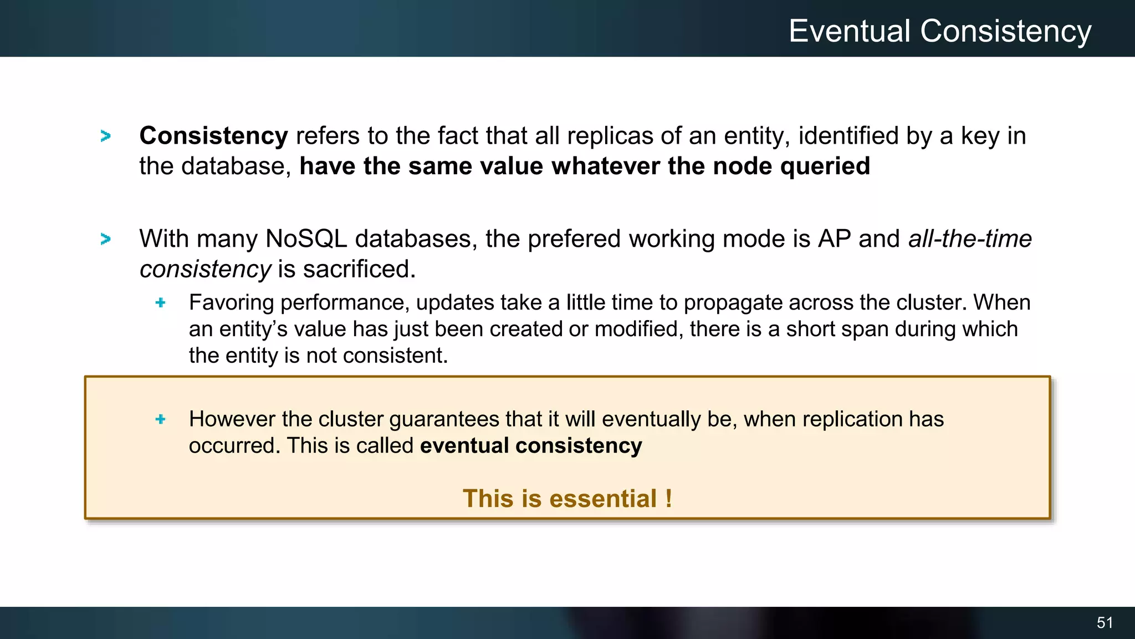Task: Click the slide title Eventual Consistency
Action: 939,31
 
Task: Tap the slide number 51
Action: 1105,622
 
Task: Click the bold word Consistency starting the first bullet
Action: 213,136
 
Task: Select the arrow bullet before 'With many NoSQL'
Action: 105,239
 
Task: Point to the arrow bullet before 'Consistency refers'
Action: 105,136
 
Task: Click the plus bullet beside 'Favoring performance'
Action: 161,302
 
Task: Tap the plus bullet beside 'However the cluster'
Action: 161,419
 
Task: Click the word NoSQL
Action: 306,239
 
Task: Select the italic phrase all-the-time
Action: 970,239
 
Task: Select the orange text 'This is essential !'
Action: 567,498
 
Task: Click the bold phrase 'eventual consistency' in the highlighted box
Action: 530,446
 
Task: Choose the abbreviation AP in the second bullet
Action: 834,239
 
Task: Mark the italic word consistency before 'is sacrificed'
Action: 205,270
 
